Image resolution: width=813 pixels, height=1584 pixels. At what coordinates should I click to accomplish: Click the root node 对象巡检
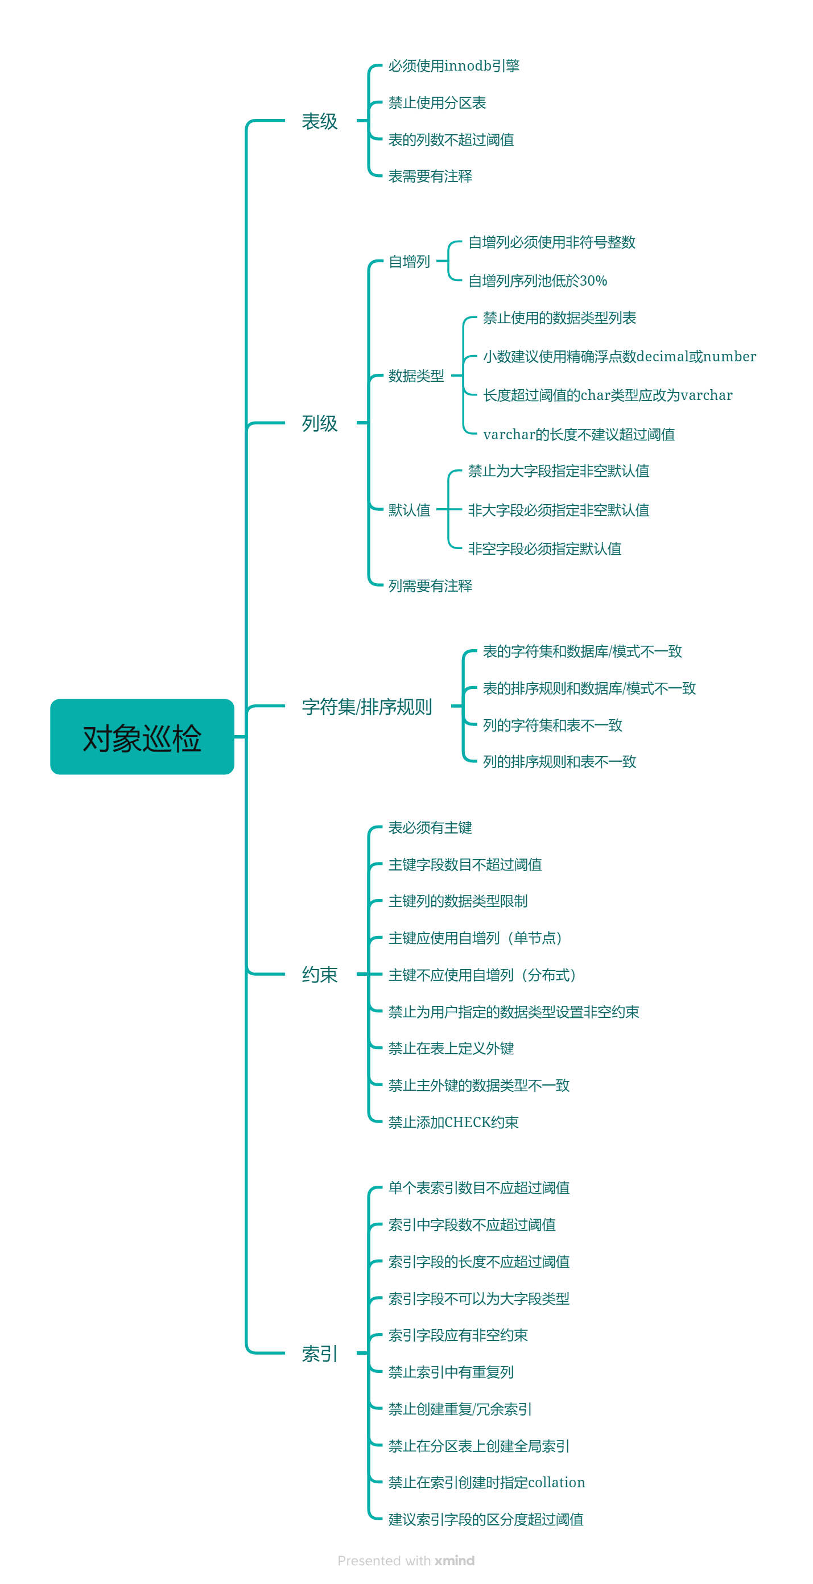pos(142,737)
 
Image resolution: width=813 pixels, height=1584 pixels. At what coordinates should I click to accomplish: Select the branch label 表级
pos(319,121)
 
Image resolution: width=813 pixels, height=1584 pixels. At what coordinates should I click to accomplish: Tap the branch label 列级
pos(319,423)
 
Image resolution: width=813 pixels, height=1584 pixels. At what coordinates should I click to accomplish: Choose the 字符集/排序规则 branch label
pos(366,707)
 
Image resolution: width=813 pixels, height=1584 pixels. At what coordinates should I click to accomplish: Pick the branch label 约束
pos(319,974)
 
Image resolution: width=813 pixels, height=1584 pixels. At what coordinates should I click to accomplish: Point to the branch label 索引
pos(319,1353)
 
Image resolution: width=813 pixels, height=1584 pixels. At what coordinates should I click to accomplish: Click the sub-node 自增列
pos(409,261)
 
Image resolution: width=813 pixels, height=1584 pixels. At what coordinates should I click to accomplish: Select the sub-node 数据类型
pos(416,376)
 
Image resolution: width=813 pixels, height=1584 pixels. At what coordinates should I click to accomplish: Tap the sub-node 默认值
pos(409,510)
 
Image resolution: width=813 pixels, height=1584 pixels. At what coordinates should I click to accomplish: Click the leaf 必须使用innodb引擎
pos(454,66)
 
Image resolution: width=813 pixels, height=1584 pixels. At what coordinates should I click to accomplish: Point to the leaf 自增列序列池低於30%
pos(538,281)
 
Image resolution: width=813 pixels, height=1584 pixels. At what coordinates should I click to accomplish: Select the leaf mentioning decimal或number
pos(620,357)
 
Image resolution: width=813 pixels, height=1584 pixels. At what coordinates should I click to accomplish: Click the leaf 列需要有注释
pos(430,585)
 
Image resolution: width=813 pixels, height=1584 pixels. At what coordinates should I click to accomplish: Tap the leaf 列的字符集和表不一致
pos(552,725)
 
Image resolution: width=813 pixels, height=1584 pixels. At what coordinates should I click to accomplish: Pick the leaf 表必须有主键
pos(430,828)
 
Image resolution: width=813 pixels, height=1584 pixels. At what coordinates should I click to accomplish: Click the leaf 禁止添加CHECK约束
pos(453,1122)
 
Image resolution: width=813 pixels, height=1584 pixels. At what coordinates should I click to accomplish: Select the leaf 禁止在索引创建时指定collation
pos(486,1483)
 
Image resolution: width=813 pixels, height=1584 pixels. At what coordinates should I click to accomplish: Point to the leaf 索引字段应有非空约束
pos(457,1335)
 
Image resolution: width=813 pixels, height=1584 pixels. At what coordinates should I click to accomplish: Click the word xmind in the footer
pos(455,1561)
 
